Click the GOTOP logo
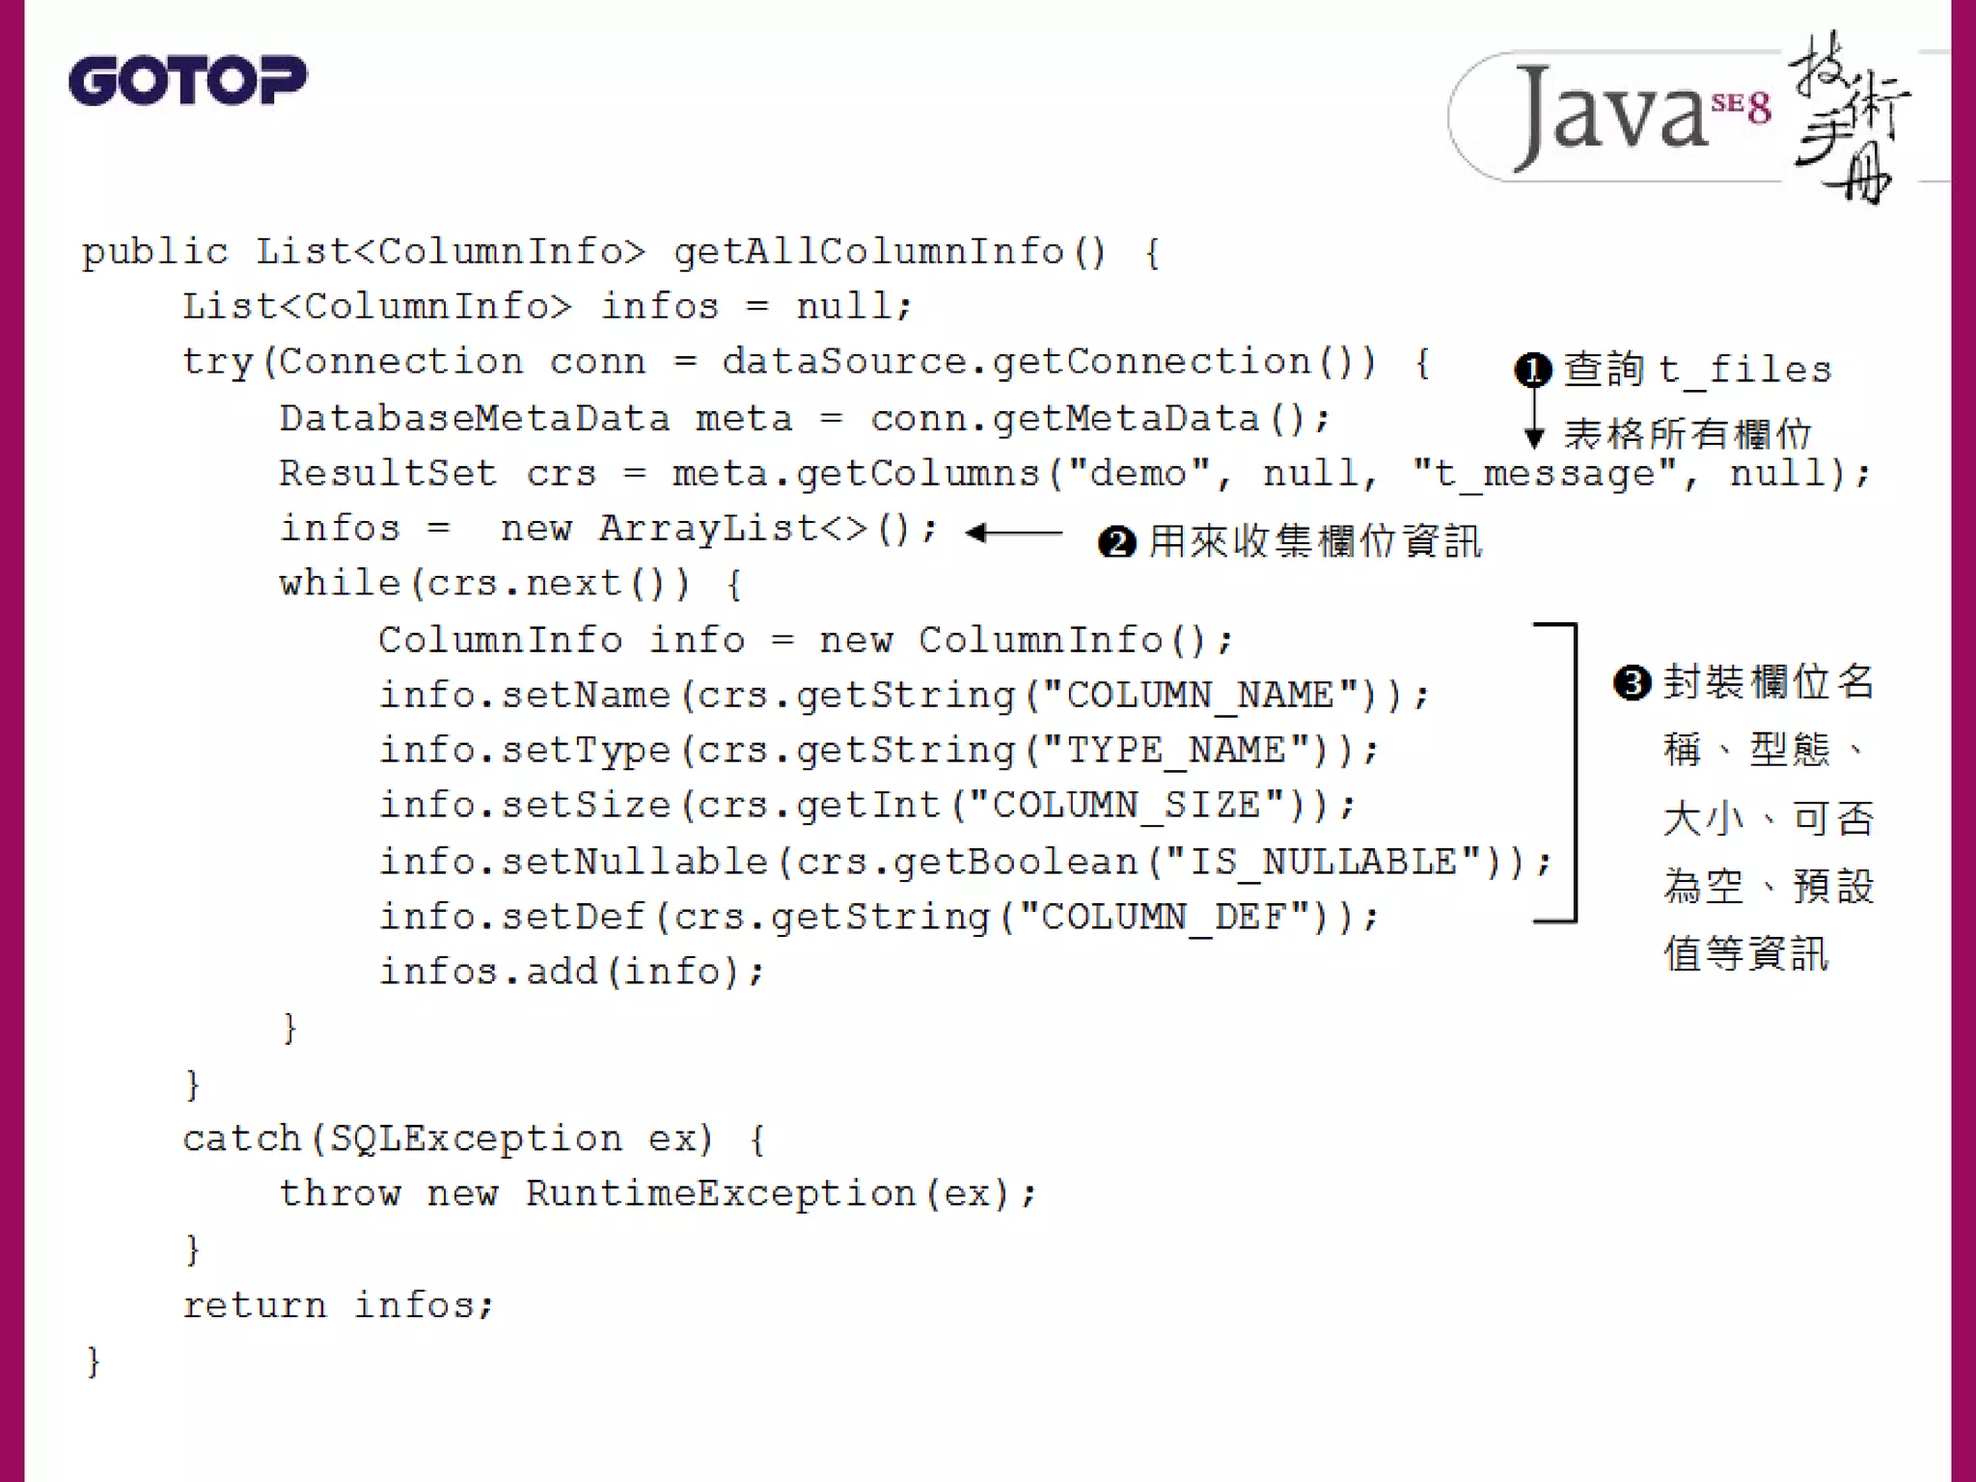tap(187, 80)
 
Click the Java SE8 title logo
tap(1679, 116)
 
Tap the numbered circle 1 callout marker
tap(1533, 370)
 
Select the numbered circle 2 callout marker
tap(1116, 542)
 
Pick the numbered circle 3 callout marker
tap(1632, 683)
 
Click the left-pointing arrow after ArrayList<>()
tap(1013, 533)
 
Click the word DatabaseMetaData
tap(474, 419)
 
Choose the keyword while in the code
tap(339, 584)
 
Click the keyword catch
tap(241, 1139)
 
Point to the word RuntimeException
tap(720, 1194)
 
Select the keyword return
tap(255, 1305)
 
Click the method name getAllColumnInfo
tap(868, 252)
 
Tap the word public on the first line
tap(154, 252)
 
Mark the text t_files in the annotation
tap(1744, 370)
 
